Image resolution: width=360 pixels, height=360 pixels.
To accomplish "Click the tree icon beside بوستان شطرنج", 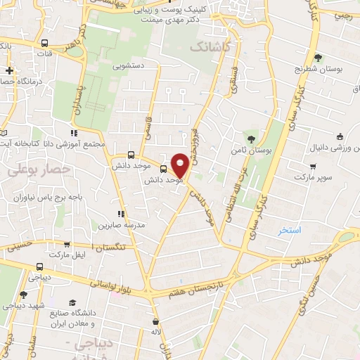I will coord(318,58).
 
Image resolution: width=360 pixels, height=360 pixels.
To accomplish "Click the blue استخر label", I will coord(290,230).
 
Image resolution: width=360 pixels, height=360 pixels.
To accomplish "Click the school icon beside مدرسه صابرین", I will coord(121,213).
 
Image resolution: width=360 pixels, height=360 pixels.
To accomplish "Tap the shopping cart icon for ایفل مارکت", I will coord(67,245).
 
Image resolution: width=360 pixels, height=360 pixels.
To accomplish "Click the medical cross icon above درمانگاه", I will coord(9,70).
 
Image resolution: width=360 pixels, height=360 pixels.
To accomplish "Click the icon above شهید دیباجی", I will coord(23,295).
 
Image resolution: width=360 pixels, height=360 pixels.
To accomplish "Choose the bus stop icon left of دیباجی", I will coord(39,267).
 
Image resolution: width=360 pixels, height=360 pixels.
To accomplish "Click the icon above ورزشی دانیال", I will coord(340,137).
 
